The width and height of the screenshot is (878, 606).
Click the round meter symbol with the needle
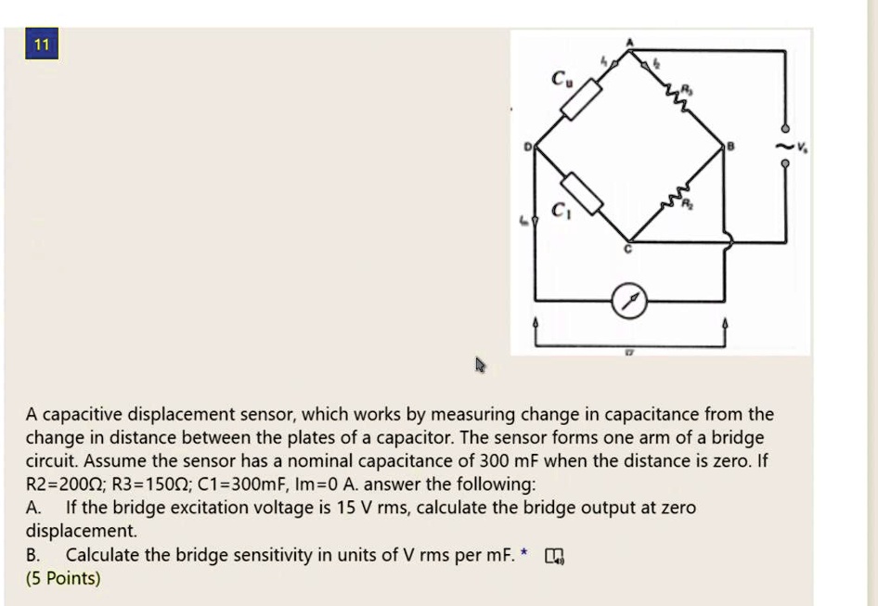[630, 301]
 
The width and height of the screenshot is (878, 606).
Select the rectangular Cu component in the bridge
[581, 98]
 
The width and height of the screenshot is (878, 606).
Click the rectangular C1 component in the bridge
[583, 193]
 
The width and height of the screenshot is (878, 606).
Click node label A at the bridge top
[630, 41]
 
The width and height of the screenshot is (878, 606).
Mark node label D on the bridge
[528, 146]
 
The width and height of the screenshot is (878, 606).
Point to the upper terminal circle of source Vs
[785, 129]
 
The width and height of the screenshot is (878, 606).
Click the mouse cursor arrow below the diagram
[480, 365]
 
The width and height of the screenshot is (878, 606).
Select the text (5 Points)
[63, 578]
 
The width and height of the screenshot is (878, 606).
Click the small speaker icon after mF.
[553, 556]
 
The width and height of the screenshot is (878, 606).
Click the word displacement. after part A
[81, 532]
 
